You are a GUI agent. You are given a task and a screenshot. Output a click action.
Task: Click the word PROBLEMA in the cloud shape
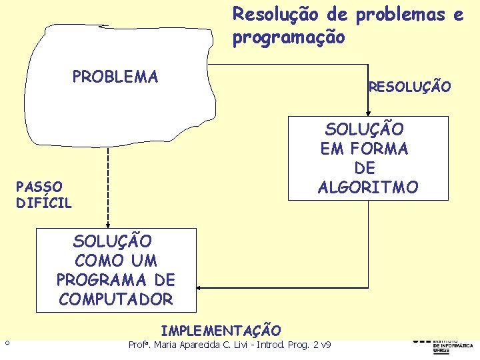click(115, 77)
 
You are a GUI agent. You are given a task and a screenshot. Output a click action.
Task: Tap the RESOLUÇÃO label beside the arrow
click(409, 87)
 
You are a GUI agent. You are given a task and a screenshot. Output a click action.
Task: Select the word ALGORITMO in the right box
click(368, 187)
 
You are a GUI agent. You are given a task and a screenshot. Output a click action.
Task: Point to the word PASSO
click(39, 186)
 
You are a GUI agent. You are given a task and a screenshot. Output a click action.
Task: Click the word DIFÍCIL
click(44, 202)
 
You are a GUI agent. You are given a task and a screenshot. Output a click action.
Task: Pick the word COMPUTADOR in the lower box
click(116, 299)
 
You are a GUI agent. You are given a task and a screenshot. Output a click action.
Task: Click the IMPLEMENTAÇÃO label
click(221, 330)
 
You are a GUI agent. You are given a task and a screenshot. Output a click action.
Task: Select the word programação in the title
click(289, 38)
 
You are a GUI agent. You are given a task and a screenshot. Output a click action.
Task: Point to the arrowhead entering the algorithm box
click(367, 111)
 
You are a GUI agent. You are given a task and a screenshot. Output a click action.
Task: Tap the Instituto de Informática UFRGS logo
click(443, 344)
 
